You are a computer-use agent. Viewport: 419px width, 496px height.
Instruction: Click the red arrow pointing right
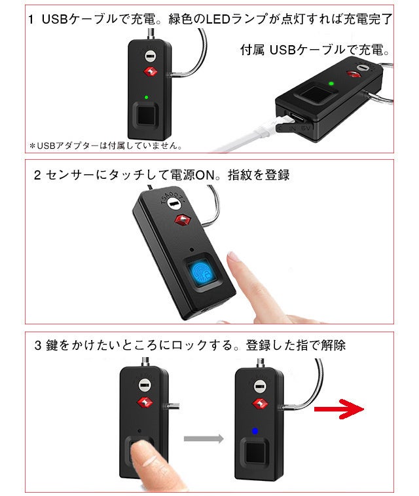point(338,409)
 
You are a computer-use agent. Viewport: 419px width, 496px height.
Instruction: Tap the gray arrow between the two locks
point(204,439)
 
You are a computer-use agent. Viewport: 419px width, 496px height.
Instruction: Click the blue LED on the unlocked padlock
point(255,431)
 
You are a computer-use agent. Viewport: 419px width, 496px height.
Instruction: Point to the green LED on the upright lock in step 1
point(146,98)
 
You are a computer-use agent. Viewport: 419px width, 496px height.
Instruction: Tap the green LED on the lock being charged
point(331,84)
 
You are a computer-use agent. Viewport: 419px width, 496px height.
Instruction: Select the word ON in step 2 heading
point(205,175)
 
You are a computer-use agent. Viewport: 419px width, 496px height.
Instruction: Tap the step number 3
point(38,345)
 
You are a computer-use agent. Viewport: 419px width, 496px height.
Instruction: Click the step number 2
point(37,175)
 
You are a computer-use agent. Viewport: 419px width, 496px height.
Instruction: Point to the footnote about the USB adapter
point(105,146)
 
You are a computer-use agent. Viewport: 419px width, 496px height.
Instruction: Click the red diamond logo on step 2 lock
point(182,219)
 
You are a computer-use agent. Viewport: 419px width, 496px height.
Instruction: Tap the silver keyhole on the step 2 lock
point(173,203)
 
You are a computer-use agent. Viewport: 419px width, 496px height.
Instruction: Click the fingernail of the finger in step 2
point(234,256)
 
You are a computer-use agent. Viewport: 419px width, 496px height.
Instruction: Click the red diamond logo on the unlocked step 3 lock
point(260,404)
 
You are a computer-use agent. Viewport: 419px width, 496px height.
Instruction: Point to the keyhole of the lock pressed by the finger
point(145,386)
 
